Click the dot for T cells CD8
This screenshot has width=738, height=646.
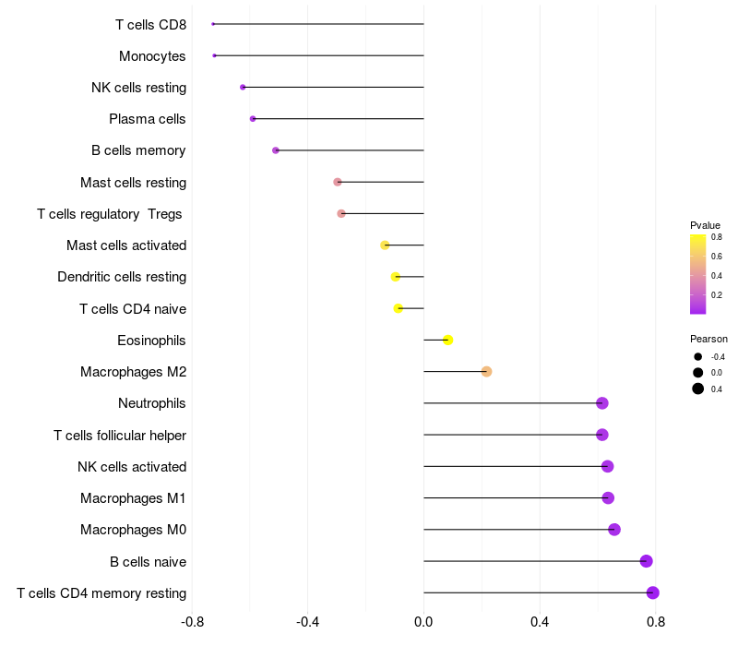coord(213,24)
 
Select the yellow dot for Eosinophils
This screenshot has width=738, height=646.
coord(448,341)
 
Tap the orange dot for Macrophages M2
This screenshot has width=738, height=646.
coord(486,372)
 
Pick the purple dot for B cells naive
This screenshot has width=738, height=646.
coord(646,561)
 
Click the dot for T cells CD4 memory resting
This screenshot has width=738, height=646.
coord(653,592)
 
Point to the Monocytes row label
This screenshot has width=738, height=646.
coord(152,56)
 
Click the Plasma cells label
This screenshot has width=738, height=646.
coord(148,119)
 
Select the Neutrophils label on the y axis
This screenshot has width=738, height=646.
coord(152,403)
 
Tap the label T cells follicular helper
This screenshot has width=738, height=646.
coord(120,436)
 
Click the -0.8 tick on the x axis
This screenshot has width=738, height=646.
coord(193,623)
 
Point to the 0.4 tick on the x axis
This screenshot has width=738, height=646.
coord(540,623)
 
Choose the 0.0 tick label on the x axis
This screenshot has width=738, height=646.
coord(423,623)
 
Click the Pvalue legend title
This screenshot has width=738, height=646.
coord(705,225)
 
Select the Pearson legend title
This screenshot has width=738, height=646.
coord(708,339)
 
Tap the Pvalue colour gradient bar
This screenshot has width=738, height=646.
coord(698,274)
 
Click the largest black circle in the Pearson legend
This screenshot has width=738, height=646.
coord(698,389)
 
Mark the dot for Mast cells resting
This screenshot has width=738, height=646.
coord(338,182)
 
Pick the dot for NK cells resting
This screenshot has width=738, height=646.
coord(243,88)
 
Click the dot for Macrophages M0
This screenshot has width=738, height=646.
coord(614,530)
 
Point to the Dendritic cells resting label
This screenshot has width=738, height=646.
coord(122,277)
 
